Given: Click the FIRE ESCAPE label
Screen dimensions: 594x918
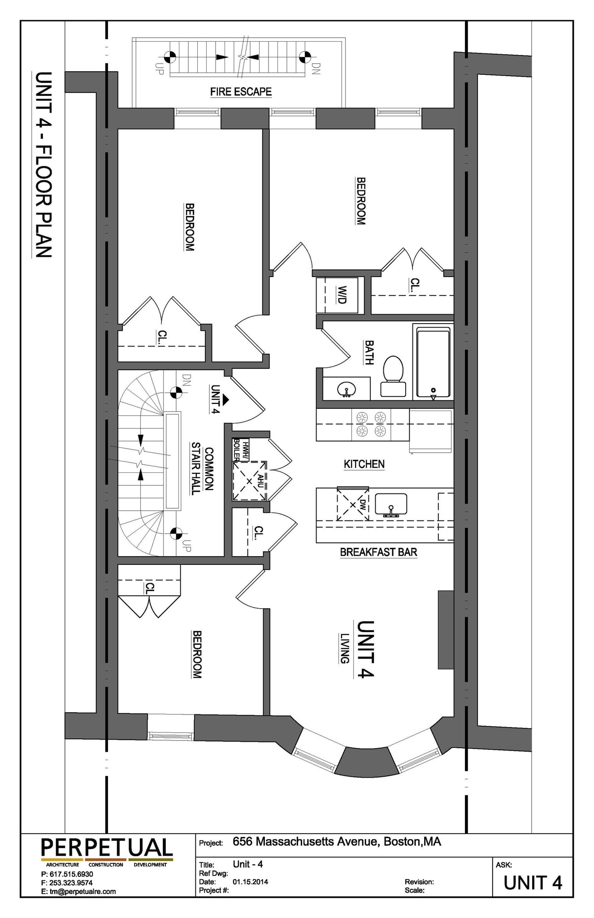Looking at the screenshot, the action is click(241, 92).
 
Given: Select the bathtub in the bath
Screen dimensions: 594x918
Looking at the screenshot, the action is click(433, 363).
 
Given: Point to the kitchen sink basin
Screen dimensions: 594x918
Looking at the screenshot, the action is click(391, 505).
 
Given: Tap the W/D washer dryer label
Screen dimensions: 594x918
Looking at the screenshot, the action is click(342, 295).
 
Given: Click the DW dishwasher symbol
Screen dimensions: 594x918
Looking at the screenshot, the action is click(353, 504).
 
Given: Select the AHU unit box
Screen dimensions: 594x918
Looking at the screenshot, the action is click(250, 481).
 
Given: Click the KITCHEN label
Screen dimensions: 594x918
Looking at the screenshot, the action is click(364, 464).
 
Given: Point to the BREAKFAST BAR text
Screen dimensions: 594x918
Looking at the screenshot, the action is click(378, 552).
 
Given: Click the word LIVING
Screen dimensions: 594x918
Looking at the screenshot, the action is click(344, 648).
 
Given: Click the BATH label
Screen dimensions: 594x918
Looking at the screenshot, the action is click(369, 352).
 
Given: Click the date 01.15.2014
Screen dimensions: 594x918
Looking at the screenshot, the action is click(250, 881).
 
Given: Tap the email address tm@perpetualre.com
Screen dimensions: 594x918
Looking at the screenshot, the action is click(78, 891).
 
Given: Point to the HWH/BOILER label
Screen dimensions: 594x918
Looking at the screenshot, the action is click(241, 450).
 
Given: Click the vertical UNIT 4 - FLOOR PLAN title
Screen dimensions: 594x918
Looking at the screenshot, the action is click(43, 165).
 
